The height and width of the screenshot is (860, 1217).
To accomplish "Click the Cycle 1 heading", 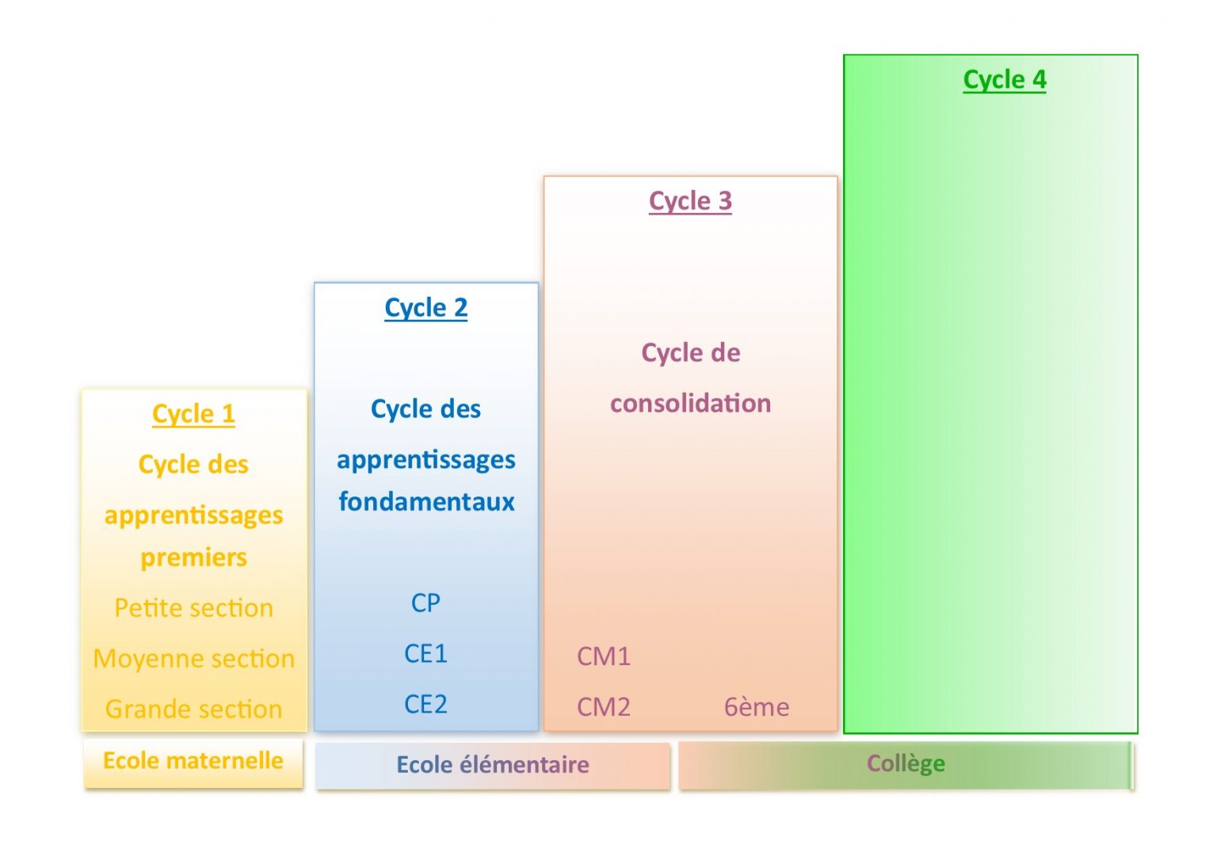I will pyautogui.click(x=193, y=414).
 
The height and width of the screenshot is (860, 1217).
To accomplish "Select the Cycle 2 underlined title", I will pyautogui.click(x=425, y=307).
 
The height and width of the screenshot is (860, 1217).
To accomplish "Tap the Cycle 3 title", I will pyautogui.click(x=690, y=201).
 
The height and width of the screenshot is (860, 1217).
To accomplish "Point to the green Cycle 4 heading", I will pyautogui.click(x=1004, y=80).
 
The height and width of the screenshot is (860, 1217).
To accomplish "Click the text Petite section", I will pyautogui.click(x=193, y=608).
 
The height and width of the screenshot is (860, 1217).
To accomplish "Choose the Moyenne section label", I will pyautogui.click(x=193, y=659).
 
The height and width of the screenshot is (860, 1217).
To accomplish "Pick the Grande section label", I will pyautogui.click(x=193, y=710).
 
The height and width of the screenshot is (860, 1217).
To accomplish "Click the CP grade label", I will pyautogui.click(x=425, y=603).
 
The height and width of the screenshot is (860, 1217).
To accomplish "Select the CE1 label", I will pyautogui.click(x=425, y=654).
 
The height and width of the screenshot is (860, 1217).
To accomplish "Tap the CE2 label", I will pyautogui.click(x=425, y=705).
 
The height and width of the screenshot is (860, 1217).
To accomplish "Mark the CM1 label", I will pyautogui.click(x=604, y=656).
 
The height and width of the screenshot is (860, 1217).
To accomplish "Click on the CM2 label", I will pyautogui.click(x=604, y=707).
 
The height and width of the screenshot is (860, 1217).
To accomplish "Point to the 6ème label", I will pyautogui.click(x=757, y=707).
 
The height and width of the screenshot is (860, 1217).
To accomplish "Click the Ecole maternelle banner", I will pyautogui.click(x=193, y=761).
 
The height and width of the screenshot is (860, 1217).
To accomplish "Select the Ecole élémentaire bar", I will pyautogui.click(x=493, y=765).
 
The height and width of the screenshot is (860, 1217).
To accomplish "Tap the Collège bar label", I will pyautogui.click(x=906, y=764).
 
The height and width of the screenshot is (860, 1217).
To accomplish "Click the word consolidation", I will pyautogui.click(x=690, y=404).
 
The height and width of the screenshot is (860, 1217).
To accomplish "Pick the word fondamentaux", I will pyautogui.click(x=426, y=502).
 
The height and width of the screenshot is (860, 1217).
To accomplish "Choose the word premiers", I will pyautogui.click(x=193, y=557).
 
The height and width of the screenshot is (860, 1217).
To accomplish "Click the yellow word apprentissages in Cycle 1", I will pyautogui.click(x=193, y=516).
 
